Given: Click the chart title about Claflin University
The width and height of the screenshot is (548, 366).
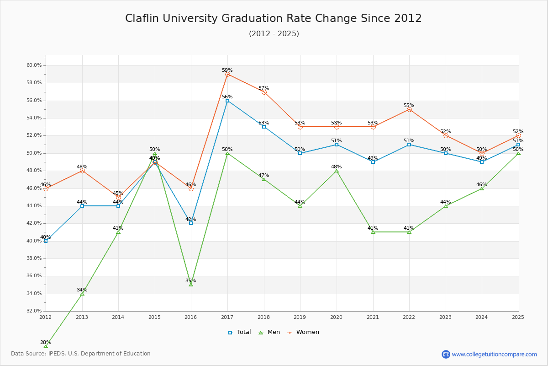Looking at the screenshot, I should tap(274, 18).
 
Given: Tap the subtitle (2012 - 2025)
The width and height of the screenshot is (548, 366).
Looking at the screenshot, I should tap(274, 34).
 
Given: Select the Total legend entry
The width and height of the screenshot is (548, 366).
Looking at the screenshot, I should tap(239, 332).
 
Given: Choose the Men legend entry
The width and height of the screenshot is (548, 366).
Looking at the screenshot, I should tap(270, 332).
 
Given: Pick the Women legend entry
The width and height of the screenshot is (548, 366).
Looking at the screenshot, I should tap(303, 332).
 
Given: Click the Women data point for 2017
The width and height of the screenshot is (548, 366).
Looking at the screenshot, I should tap(227, 74).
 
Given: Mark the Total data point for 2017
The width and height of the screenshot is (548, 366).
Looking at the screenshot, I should tap(227, 101).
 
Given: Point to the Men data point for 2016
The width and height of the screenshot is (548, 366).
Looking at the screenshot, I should tap(191, 285).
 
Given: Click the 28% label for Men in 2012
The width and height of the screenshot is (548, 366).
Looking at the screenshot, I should tap(46, 342).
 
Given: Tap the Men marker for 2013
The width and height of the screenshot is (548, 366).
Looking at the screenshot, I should tap(82, 293).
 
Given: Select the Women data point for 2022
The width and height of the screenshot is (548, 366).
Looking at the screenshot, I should tap(409, 109).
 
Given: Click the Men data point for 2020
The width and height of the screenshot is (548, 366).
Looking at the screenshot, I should tap(337, 171).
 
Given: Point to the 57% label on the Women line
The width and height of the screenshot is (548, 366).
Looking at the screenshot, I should tap(263, 88).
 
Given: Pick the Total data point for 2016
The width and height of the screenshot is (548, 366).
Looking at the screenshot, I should tap(191, 223).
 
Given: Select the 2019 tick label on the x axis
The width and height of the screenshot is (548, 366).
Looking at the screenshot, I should tap(300, 317).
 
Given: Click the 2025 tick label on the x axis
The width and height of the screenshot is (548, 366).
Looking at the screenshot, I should tap(518, 317).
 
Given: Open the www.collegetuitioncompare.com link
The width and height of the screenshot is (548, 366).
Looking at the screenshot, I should tap(494, 354).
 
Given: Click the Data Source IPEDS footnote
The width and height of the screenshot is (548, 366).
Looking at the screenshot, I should tap(81, 354).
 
